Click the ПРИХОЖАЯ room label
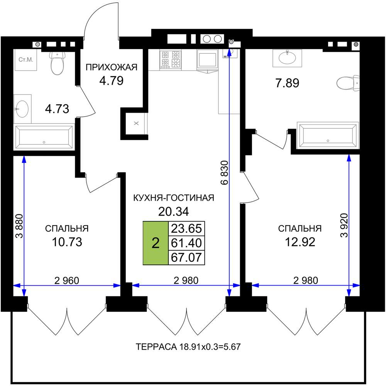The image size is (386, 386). (x=112, y=67)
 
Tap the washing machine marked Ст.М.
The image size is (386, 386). (x=25, y=60)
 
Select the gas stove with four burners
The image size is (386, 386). (x=170, y=59)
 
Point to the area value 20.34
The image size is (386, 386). (x=174, y=212)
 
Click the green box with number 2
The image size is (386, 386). (x=156, y=243)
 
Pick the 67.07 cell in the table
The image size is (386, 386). (x=186, y=257)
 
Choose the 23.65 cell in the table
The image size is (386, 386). (x=186, y=229)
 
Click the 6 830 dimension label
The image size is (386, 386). (x=225, y=173)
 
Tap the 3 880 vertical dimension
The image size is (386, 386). (x=19, y=226)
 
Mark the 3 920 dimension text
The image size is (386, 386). (x=344, y=225)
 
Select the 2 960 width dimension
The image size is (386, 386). (x=67, y=281)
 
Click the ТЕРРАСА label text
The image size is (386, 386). (x=156, y=347)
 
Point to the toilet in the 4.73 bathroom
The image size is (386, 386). (x=57, y=63)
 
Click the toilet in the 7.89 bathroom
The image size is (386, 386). (x=348, y=83)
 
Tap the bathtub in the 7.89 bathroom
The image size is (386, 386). (x=328, y=135)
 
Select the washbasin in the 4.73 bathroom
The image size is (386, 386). (x=22, y=109)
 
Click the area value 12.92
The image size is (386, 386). (x=300, y=242)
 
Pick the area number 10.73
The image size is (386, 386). (x=67, y=242)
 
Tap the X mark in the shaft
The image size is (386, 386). (x=136, y=124)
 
